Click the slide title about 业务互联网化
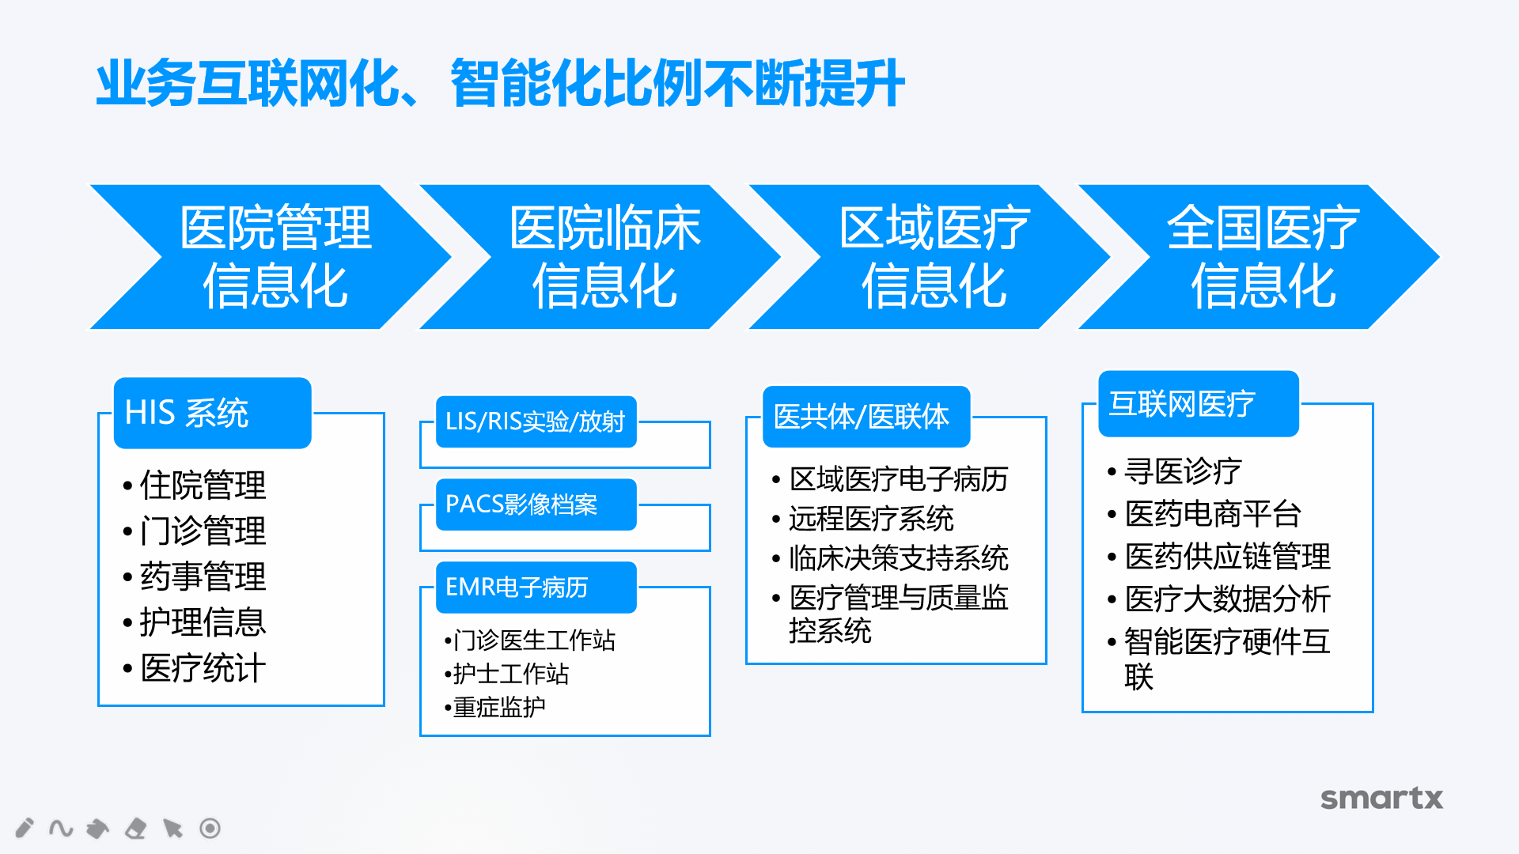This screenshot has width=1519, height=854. coord(500,83)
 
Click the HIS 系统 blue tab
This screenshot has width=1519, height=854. coord(213,413)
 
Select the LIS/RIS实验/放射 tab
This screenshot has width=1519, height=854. coord(536,421)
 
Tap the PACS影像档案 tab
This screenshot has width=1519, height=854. coord(536,504)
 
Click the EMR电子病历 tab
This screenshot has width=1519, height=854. coord(536,588)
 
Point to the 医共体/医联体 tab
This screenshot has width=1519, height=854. coord(866,417)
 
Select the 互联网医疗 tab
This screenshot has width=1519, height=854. coord(1199,404)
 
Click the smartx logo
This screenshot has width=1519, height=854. coord(1381,798)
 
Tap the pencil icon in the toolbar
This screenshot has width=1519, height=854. coord(25,828)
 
